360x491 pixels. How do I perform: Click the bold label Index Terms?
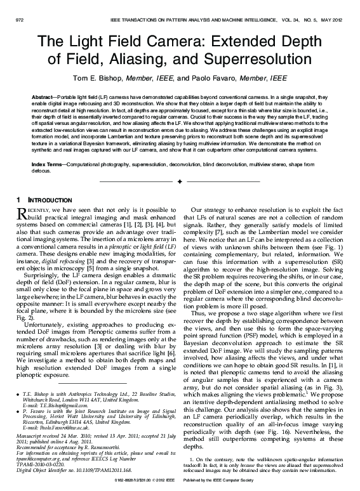point(46,163)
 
